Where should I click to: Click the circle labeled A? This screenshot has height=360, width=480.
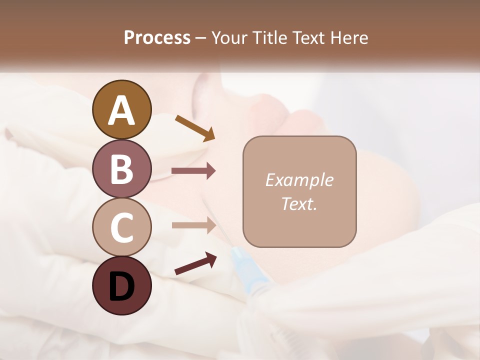pyautogui.click(x=121, y=109)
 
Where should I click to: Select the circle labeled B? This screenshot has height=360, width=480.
pyautogui.click(x=121, y=168)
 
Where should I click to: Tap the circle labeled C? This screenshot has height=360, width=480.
pyautogui.click(x=121, y=227)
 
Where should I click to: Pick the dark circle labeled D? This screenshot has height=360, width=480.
pyautogui.click(x=121, y=285)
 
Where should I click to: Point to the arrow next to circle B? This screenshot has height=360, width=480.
pyautogui.click(x=193, y=171)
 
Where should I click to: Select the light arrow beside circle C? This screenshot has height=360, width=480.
pyautogui.click(x=193, y=225)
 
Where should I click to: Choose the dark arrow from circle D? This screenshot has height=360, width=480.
pyautogui.click(x=195, y=263)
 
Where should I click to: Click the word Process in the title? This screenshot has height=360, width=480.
pyautogui.click(x=157, y=37)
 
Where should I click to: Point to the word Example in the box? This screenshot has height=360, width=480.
pyautogui.click(x=299, y=180)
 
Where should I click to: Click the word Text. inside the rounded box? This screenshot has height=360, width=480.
pyautogui.click(x=299, y=203)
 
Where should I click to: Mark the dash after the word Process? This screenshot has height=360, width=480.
pyautogui.click(x=201, y=38)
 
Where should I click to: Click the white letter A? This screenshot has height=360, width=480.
pyautogui.click(x=121, y=110)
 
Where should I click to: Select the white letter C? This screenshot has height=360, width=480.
pyautogui.click(x=121, y=227)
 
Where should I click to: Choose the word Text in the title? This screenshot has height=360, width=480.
pyautogui.click(x=309, y=37)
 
